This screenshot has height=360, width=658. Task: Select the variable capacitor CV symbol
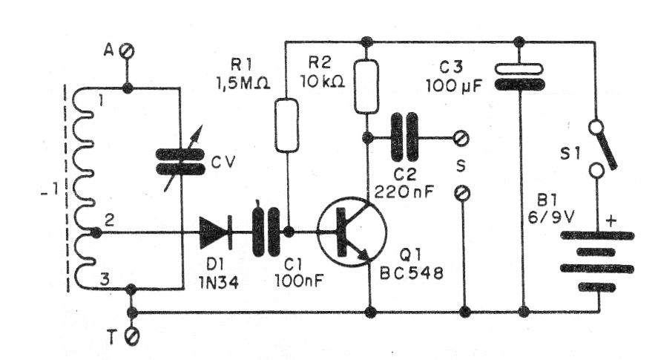click(180, 161)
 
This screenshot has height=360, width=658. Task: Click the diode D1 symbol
click(216, 232)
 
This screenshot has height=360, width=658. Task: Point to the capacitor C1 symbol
click(266, 232)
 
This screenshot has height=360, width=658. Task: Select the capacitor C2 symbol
click(405, 137)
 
